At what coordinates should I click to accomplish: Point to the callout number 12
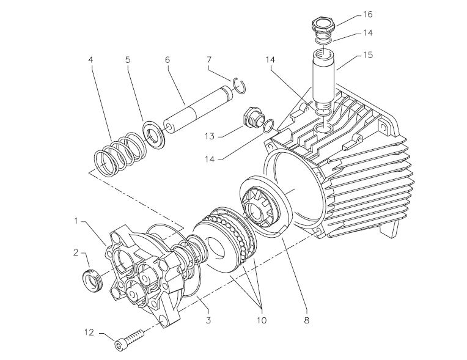click(89, 332)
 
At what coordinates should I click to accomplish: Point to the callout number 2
click(76, 252)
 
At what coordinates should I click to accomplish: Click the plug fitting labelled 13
click(249, 119)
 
